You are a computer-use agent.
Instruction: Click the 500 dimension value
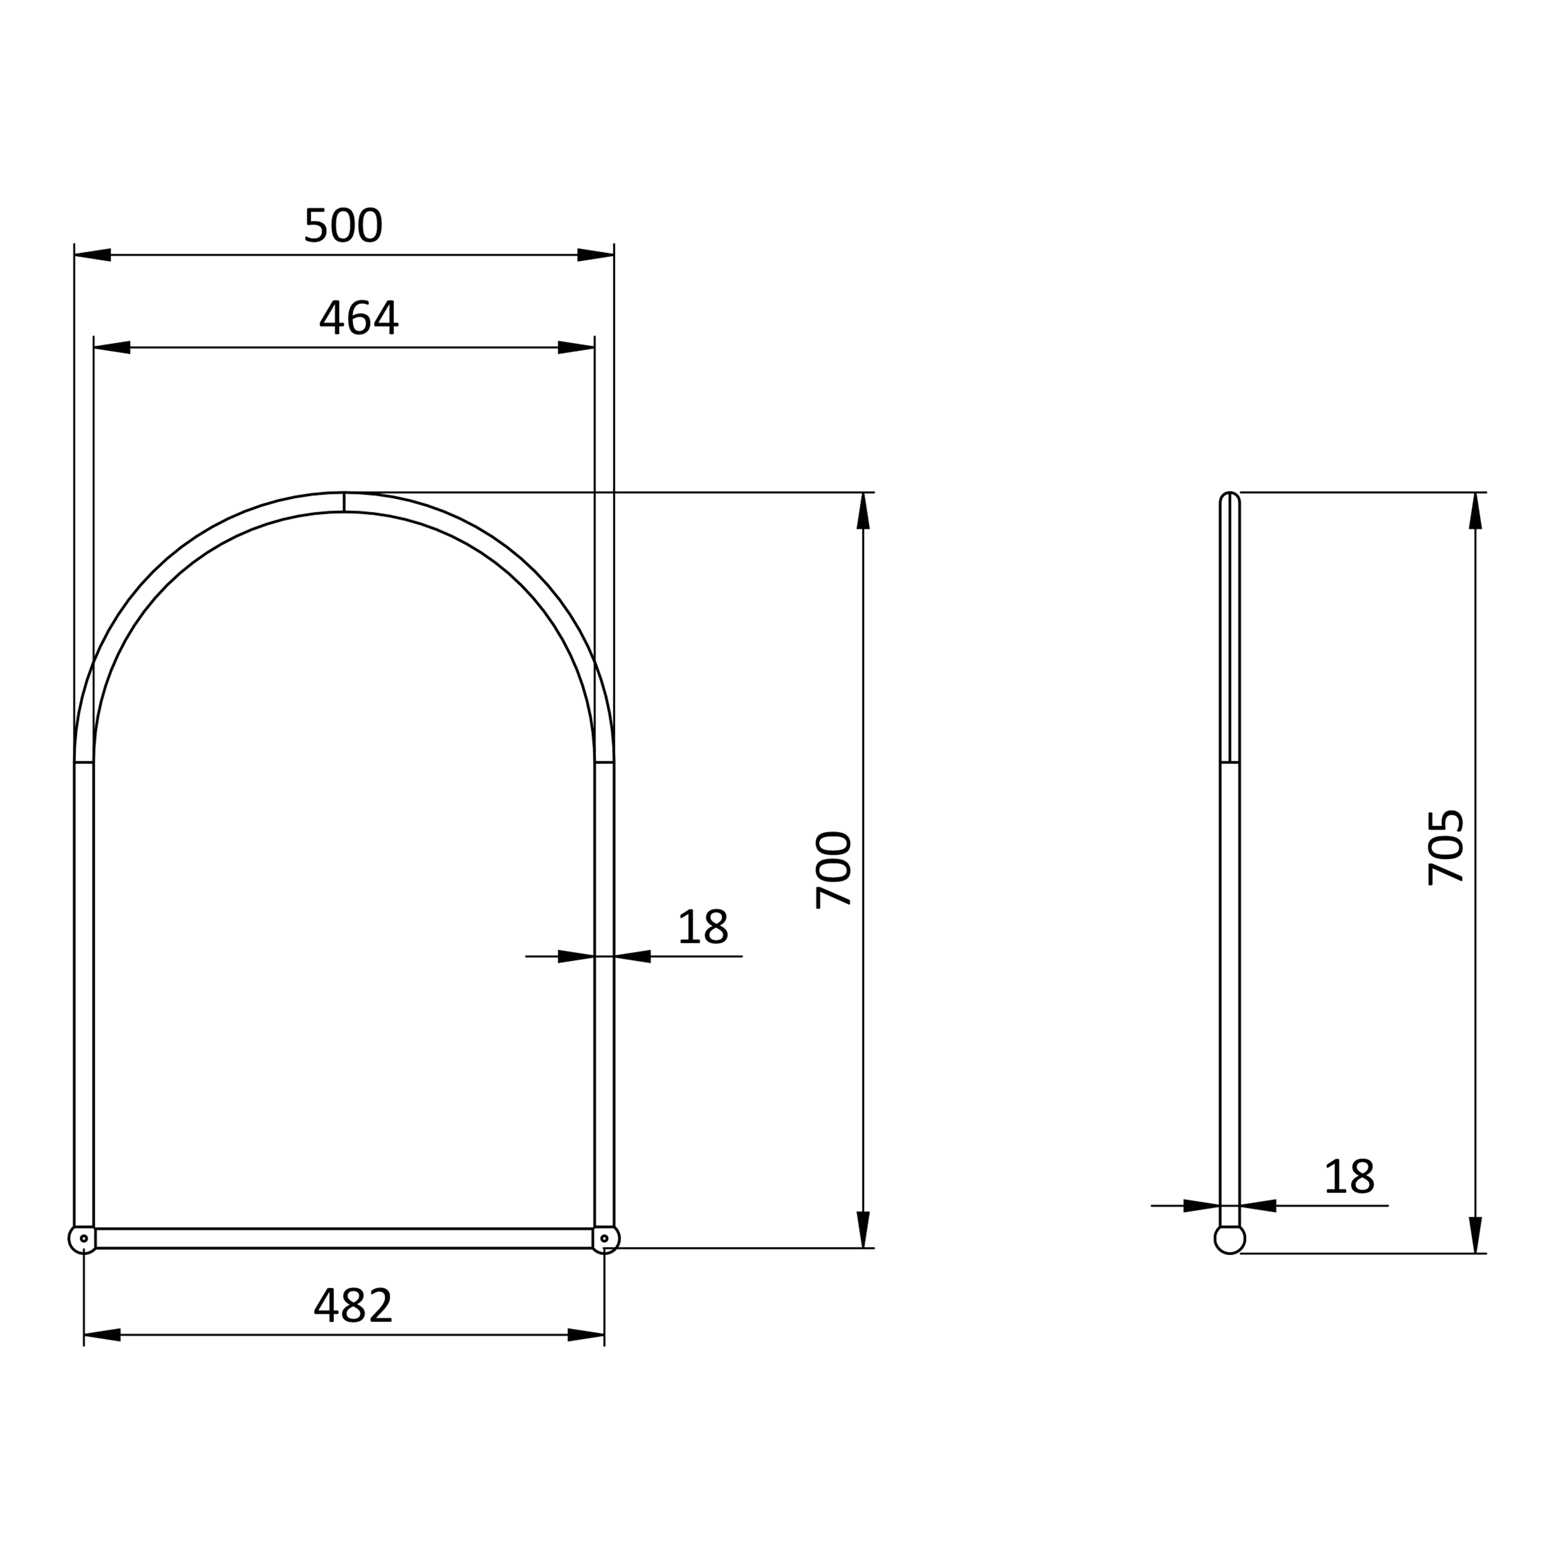(343, 226)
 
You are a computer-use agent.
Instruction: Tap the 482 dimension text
(353, 1305)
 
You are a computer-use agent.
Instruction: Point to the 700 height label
(834, 870)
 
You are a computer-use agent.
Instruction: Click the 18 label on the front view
(703, 927)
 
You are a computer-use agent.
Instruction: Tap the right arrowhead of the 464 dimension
(576, 348)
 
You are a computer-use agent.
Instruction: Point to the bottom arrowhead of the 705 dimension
(1476, 1235)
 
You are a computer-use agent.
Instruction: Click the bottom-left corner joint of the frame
(83, 1239)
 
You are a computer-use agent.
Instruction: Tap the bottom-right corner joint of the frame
(605, 1239)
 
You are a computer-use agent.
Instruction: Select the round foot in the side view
(1230, 1240)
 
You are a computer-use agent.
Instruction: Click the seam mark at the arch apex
(344, 502)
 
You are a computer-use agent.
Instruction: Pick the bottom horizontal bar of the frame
(344, 1239)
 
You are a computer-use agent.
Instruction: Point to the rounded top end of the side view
(1230, 499)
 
